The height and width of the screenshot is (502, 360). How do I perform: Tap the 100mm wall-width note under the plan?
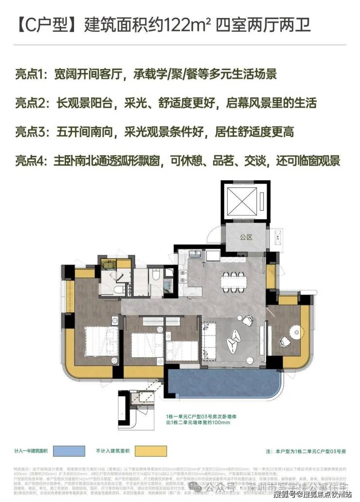tap(197, 419)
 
